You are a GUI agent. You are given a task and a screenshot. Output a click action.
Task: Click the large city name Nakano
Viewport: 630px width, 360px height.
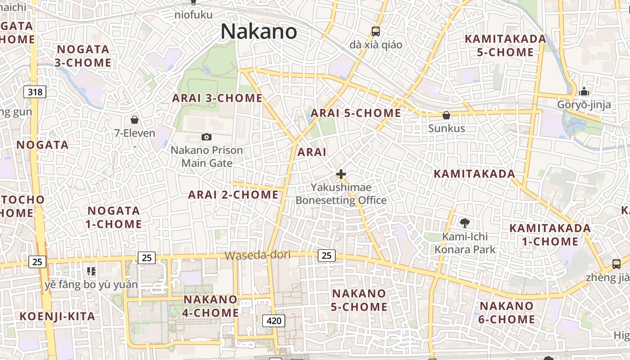click(x=259, y=32)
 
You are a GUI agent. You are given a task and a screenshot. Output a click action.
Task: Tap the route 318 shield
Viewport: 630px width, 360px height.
click(x=35, y=92)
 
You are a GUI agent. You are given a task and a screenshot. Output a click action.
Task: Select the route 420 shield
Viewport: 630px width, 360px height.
click(x=274, y=320)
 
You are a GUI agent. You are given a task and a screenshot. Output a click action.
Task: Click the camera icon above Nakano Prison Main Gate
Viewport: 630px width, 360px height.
click(x=207, y=137)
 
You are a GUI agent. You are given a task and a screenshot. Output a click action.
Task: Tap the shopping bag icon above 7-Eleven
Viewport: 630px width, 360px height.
click(x=134, y=120)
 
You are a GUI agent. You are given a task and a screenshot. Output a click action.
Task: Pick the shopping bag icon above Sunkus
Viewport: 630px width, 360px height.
click(x=446, y=115)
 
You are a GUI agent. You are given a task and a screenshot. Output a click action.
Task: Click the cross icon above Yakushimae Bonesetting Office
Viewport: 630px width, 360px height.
click(x=341, y=174)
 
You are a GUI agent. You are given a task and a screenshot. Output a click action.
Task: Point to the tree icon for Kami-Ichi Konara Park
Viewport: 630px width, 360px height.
click(x=465, y=223)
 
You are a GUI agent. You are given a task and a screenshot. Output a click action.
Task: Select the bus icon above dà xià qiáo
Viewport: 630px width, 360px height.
click(x=376, y=31)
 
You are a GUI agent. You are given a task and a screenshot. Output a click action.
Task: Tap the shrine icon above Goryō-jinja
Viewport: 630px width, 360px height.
click(x=584, y=92)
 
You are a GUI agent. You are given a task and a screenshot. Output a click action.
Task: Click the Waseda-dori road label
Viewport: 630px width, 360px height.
click(x=257, y=255)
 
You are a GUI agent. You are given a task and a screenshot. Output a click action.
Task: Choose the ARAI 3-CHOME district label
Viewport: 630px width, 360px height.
click(x=217, y=98)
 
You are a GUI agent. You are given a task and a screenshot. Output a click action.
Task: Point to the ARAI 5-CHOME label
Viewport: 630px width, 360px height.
click(x=355, y=113)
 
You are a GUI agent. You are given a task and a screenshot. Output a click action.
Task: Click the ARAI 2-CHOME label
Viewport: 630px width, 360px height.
click(x=233, y=195)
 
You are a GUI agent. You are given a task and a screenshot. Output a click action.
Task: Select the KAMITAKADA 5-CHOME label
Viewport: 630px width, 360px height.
click(x=505, y=45)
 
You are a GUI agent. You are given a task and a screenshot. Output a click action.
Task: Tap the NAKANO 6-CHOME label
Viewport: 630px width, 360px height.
click(x=507, y=313)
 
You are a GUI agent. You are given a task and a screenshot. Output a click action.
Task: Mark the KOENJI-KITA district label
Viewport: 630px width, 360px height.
click(x=57, y=316)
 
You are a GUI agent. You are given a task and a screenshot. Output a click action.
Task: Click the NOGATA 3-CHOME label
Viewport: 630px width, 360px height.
click(x=83, y=56)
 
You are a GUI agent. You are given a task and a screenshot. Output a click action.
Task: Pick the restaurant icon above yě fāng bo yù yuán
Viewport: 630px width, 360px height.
click(x=91, y=271)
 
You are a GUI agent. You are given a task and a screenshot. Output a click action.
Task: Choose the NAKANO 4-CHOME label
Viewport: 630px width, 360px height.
click(x=210, y=306)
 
